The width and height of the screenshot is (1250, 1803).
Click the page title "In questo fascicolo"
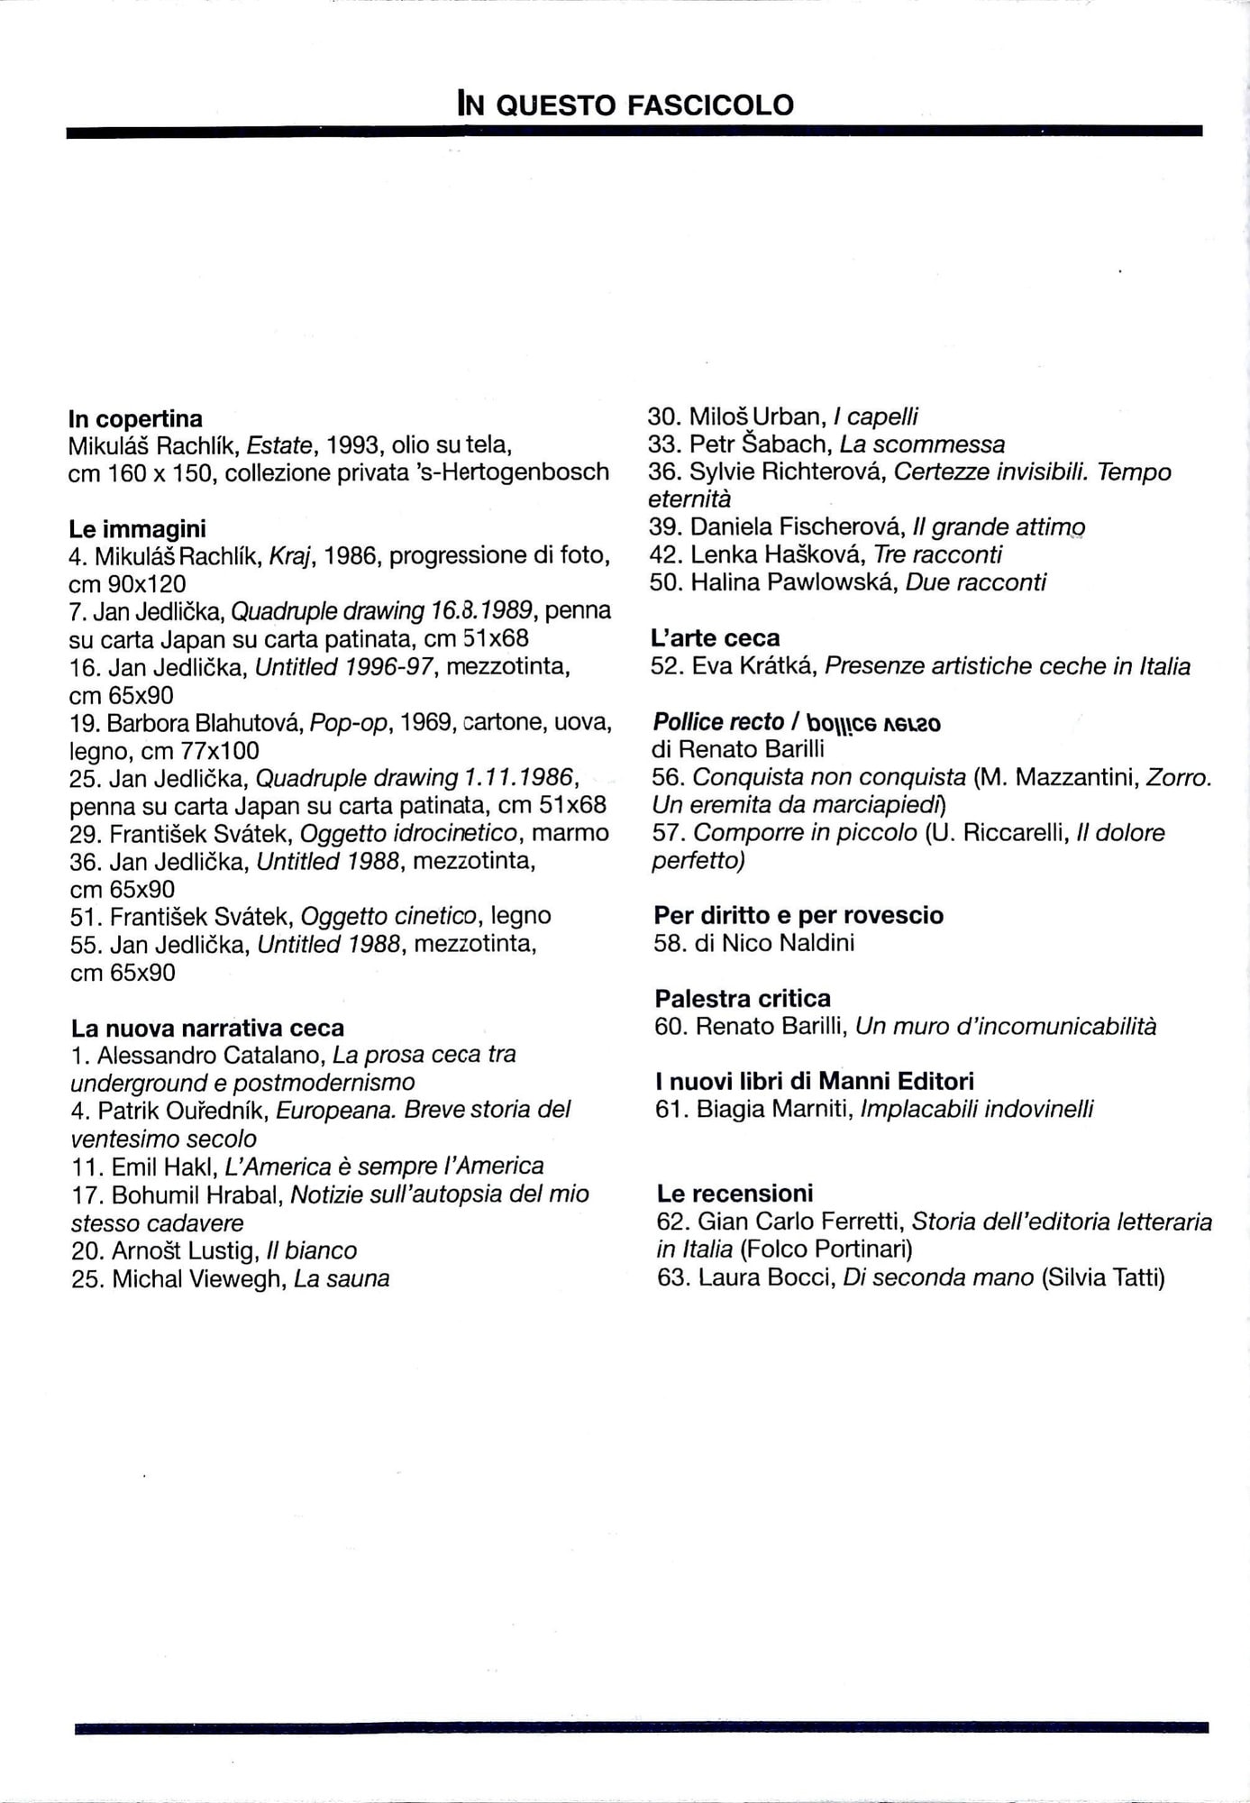click(x=625, y=105)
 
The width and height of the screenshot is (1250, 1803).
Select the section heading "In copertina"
click(x=135, y=419)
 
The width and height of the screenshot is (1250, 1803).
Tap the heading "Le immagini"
click(x=137, y=528)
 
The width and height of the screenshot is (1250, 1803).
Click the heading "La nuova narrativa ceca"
click(x=207, y=1028)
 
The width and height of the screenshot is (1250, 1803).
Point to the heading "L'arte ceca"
click(x=715, y=638)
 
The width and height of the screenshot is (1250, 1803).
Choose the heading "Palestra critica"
click(x=743, y=998)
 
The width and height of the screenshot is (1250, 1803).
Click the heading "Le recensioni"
click(x=734, y=1194)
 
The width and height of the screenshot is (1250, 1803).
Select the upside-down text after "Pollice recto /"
click(x=873, y=723)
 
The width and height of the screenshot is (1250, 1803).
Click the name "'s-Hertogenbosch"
click(x=517, y=472)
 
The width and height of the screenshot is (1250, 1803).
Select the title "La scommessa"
click(x=922, y=444)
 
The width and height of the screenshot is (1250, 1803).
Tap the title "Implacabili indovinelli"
click(x=977, y=1109)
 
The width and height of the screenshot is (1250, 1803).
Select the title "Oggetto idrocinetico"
click(x=409, y=833)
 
